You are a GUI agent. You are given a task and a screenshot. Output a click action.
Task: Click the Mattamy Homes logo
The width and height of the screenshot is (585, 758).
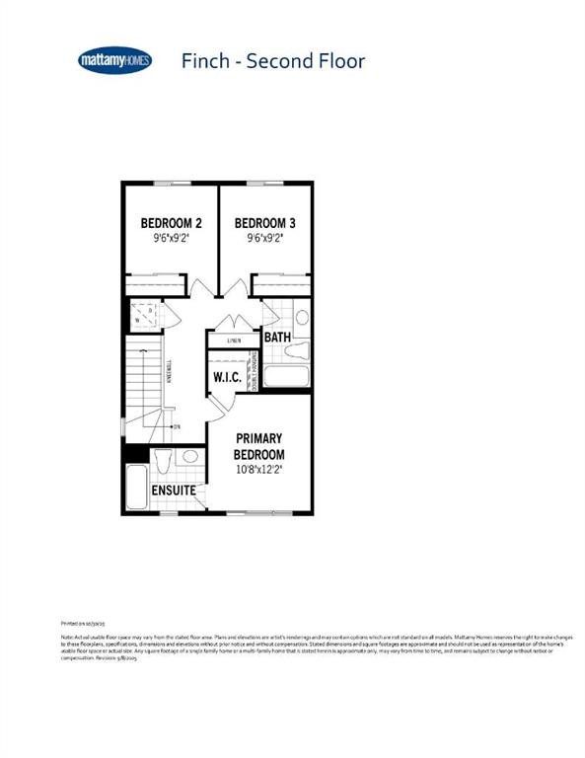pyautogui.click(x=114, y=61)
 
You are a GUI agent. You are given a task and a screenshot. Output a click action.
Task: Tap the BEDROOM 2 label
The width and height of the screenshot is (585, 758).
pyautogui.click(x=171, y=223)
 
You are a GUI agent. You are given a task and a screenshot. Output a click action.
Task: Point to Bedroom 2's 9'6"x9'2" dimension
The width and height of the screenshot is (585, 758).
pyautogui.click(x=171, y=238)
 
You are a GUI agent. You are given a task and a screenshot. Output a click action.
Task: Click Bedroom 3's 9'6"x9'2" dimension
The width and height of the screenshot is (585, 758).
pyautogui.click(x=264, y=238)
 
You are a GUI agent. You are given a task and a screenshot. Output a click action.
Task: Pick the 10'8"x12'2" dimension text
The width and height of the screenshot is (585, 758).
pyautogui.click(x=258, y=470)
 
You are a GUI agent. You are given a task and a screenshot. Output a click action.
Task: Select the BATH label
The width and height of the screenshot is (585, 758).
pyautogui.click(x=277, y=338)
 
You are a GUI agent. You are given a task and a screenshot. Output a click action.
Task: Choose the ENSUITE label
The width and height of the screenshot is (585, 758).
pyautogui.click(x=174, y=491)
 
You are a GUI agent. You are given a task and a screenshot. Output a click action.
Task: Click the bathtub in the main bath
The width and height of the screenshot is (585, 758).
pyautogui.click(x=287, y=376)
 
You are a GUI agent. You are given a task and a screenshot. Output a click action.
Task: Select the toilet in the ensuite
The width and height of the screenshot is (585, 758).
pyautogui.click(x=163, y=460)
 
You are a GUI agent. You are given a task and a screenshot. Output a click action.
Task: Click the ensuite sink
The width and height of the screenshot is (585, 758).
pyautogui.click(x=190, y=457)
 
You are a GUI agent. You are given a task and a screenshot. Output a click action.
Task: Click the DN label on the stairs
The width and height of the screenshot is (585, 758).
pyautogui.click(x=177, y=426)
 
